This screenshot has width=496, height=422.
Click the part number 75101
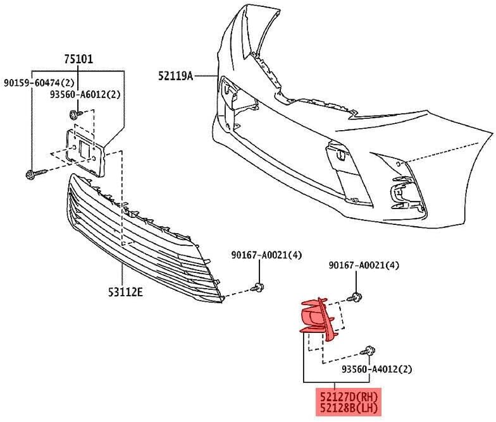78,59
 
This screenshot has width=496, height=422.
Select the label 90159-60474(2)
39,83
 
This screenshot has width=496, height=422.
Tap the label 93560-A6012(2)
85,95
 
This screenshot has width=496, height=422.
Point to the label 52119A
176,76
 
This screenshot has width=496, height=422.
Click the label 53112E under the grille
125,292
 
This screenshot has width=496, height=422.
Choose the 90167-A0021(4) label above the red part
364,265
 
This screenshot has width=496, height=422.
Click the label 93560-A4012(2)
377,369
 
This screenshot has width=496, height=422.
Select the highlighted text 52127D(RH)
348,396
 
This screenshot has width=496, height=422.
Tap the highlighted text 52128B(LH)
348,408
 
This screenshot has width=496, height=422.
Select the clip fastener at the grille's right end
257,287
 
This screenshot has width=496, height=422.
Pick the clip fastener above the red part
356,297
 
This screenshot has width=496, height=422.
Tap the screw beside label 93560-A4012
368,351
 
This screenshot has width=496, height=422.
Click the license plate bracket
85,152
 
